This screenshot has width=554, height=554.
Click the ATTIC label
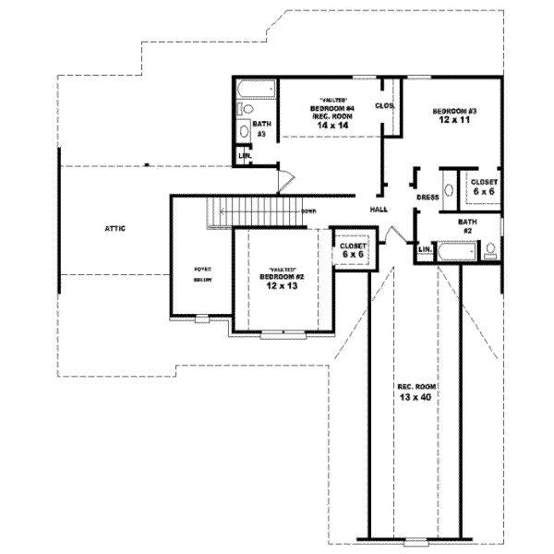[114, 228]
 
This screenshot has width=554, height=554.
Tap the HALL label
[379, 209]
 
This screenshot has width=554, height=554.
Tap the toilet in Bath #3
[244, 132]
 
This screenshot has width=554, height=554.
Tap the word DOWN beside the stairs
[308, 211]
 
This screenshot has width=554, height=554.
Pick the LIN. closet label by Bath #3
[245, 156]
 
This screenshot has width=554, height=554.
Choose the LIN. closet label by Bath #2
[425, 250]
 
